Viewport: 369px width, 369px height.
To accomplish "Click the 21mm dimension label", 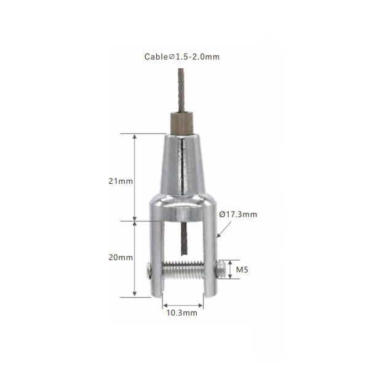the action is (121, 181).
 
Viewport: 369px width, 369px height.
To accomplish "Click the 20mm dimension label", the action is (121, 258).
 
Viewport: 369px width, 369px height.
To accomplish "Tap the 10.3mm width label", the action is (181, 313).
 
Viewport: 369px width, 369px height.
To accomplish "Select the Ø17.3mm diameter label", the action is (238, 215).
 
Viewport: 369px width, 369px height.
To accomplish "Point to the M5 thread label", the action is (242, 270).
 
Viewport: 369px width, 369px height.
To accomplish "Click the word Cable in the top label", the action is (156, 57).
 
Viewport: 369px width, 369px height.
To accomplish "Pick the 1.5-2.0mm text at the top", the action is (197, 57).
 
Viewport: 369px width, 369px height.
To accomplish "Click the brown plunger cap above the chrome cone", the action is (181, 124).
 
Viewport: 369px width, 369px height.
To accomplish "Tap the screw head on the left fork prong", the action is (148, 271).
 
